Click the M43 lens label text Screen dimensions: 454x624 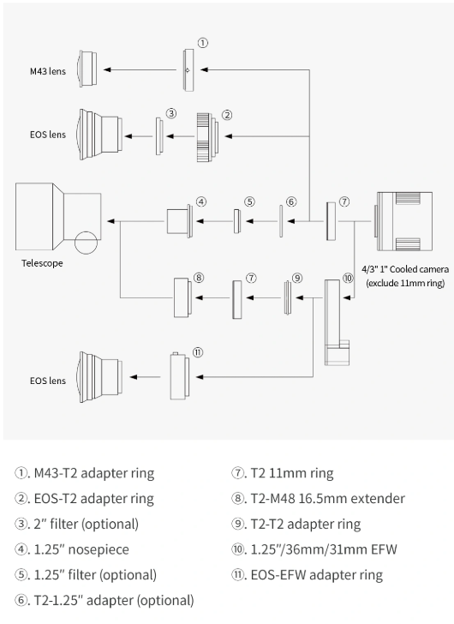48,72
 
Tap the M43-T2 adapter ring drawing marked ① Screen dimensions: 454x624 188,70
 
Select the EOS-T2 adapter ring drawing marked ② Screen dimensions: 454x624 207,137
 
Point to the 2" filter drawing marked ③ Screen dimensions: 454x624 159,136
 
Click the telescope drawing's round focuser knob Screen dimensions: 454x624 86,243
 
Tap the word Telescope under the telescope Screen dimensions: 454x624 42,263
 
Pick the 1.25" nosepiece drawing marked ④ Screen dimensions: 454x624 180,221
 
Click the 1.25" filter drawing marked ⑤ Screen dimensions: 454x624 237,221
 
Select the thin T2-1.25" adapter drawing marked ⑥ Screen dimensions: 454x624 281,221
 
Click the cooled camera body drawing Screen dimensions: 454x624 403,221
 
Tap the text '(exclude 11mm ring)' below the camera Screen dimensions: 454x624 405,283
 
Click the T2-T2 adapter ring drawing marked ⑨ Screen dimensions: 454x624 288,297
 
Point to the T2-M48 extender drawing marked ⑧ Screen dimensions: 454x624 182,297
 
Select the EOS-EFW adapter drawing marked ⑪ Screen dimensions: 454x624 180,376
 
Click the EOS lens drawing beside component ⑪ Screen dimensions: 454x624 100,377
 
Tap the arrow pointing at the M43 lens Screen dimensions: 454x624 140,69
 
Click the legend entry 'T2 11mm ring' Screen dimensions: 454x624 283,473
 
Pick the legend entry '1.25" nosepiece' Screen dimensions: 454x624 72,549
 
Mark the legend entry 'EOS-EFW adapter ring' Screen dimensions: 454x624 307,575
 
